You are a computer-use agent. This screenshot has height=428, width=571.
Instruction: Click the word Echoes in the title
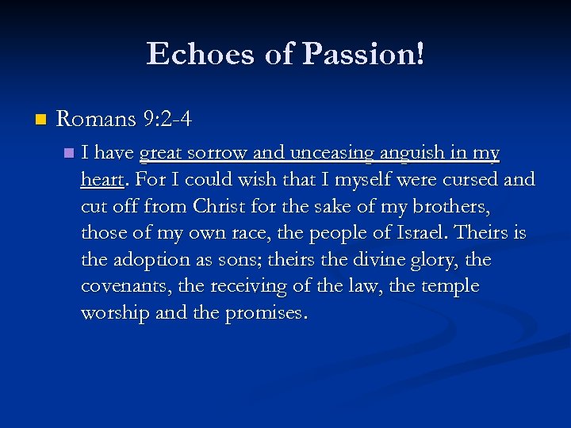(188, 54)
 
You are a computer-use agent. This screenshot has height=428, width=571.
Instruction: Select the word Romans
(97, 120)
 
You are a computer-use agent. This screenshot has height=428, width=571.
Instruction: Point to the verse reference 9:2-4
(167, 120)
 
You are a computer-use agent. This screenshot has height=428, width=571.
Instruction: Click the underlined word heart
(102, 179)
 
